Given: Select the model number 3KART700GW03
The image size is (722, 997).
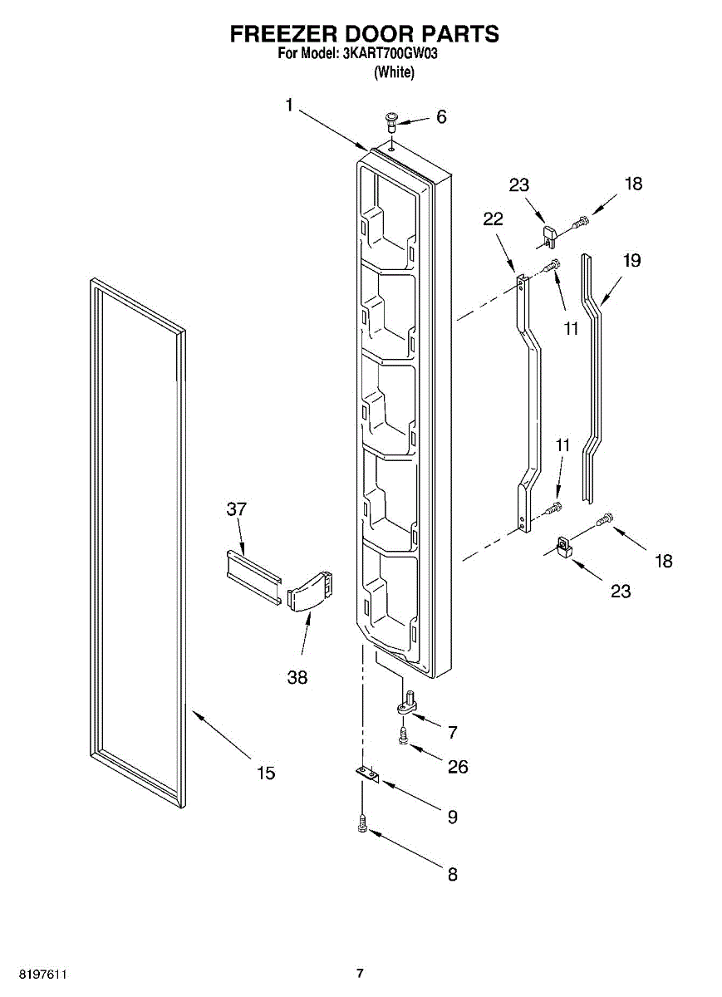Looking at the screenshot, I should point(389,55).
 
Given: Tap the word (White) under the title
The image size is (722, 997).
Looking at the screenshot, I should point(394,72).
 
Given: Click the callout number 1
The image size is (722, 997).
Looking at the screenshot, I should point(288,105).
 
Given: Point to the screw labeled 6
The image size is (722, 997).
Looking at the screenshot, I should point(390,122).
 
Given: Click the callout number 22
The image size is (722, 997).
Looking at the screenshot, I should point(493,219).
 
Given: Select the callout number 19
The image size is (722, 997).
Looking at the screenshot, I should point(631,261).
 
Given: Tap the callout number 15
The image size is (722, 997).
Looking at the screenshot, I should point(265,774).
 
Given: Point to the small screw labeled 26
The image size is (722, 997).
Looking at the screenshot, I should point(403,734).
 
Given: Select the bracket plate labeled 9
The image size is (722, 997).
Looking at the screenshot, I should point(366,774).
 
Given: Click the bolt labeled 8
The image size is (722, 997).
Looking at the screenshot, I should point(362,825).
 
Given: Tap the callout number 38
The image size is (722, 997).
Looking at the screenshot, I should point(297,677).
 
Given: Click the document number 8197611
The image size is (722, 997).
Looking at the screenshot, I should point(43,974).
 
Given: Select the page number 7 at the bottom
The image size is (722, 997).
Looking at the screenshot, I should point(360,974).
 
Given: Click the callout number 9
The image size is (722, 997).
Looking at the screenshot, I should point(452,818).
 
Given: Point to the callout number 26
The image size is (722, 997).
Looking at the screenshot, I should point(458,767).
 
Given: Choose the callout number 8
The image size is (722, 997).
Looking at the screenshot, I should point(452,875).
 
